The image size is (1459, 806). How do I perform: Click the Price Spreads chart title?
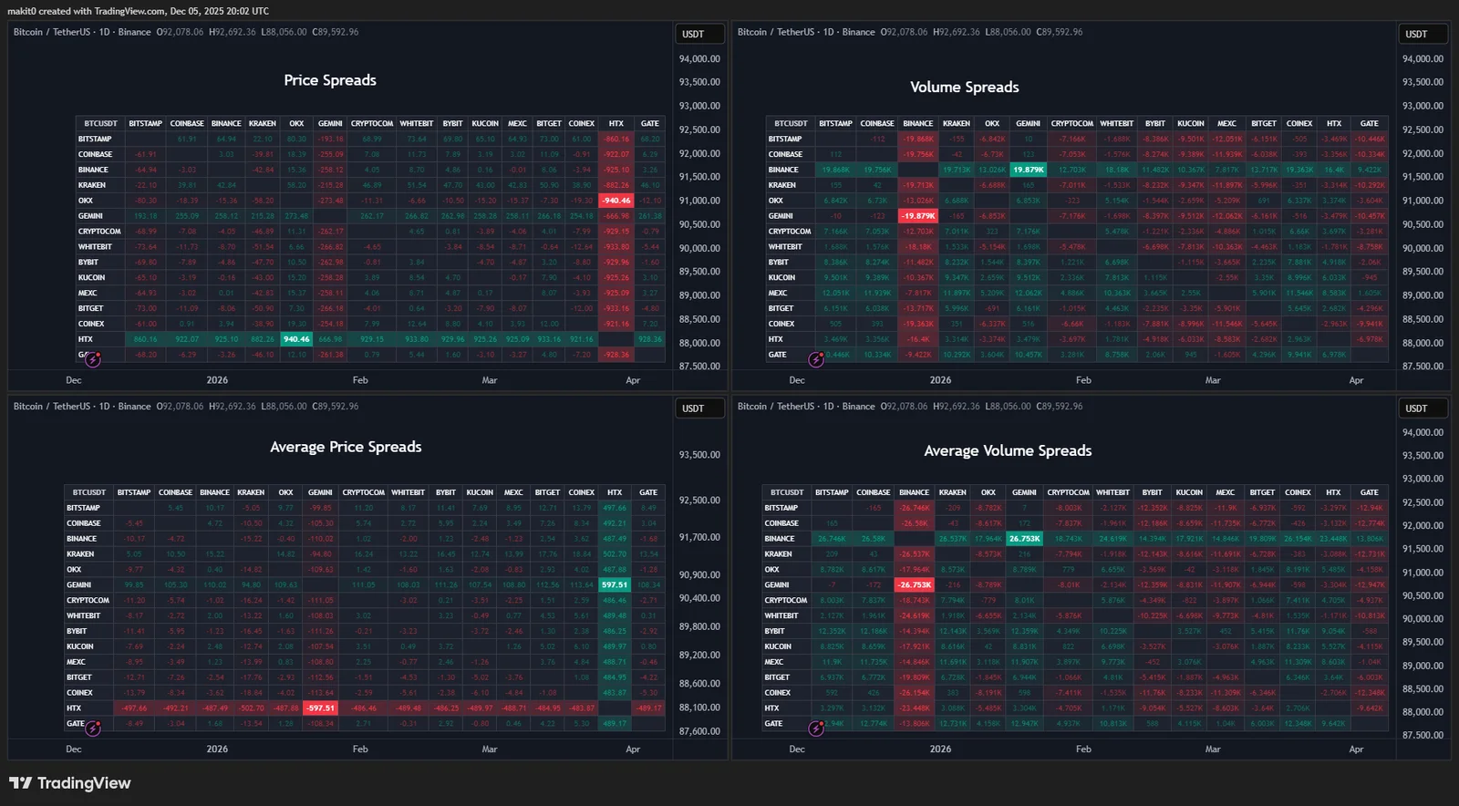click(330, 80)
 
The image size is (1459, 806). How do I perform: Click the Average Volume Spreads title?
click(1008, 450)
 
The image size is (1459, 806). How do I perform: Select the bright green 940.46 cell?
click(296, 339)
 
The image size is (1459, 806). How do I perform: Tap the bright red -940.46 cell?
click(616, 201)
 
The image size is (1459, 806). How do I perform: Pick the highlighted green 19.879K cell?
click(1029, 170)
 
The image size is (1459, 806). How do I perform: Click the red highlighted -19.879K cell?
click(918, 216)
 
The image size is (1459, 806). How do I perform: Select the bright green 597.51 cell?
click(615, 585)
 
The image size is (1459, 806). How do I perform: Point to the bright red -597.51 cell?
click(320, 708)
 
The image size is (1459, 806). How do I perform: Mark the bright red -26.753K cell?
click(915, 585)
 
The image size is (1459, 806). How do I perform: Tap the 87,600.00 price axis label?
click(699, 731)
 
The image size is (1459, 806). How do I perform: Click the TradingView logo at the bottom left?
click(70, 783)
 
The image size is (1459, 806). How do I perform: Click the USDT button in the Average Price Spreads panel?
click(693, 408)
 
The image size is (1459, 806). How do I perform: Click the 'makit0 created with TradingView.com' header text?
click(138, 11)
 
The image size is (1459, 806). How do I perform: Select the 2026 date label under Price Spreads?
click(217, 380)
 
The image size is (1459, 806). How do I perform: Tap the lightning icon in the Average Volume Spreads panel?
click(816, 728)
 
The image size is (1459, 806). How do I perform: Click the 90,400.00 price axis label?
click(699, 598)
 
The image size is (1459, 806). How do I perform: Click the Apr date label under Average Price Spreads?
click(633, 749)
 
